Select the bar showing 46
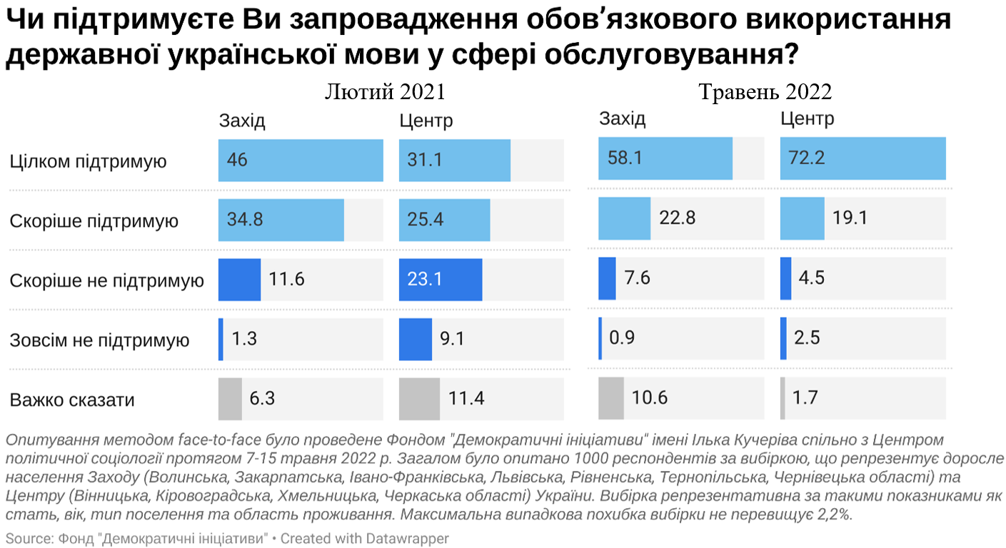(x=301, y=160)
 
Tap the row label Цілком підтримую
(x=88, y=161)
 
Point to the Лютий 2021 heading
(x=385, y=92)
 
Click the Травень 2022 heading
(x=765, y=92)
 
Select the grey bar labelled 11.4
(x=419, y=398)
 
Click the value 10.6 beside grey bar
(x=649, y=398)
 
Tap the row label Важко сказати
(x=72, y=400)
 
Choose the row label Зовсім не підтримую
(x=99, y=340)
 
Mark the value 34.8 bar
(x=281, y=220)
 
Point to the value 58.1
(x=625, y=158)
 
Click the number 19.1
(x=850, y=218)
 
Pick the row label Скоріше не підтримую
(x=106, y=280)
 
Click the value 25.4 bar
(x=444, y=220)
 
